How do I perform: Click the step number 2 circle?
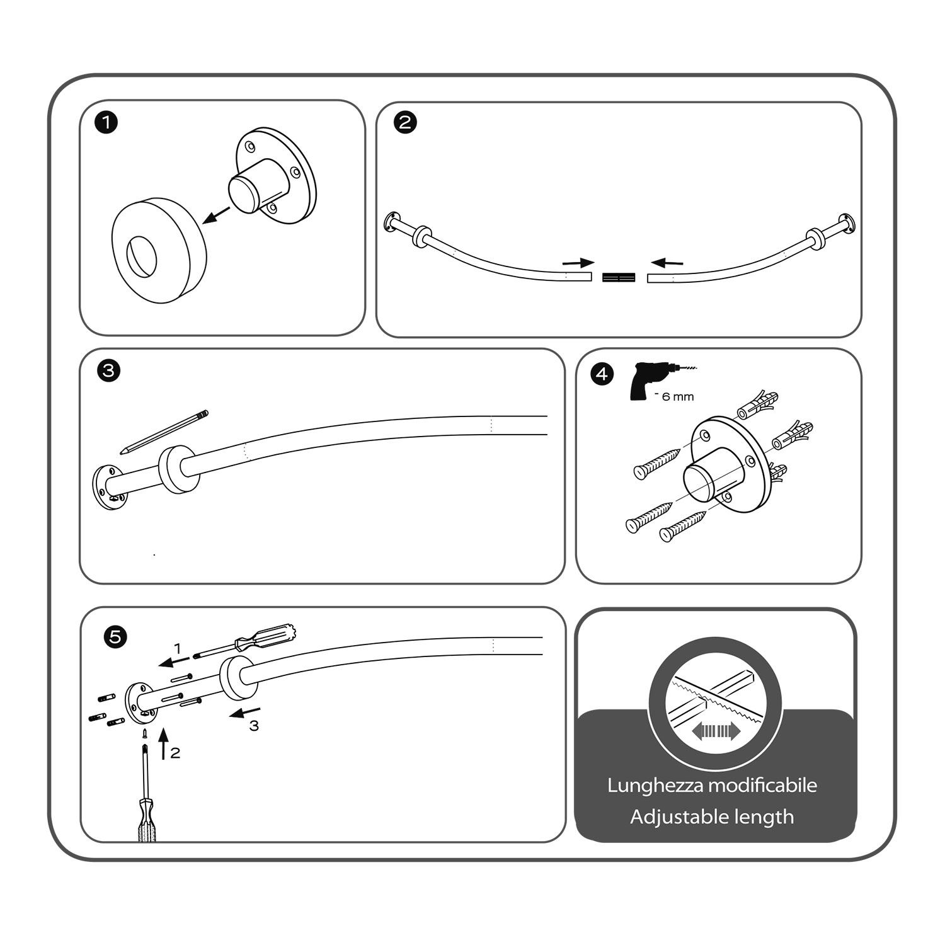(405, 122)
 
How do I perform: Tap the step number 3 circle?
(109, 370)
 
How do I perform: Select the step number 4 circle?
(602, 374)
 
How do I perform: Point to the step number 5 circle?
(115, 637)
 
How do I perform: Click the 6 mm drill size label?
(678, 397)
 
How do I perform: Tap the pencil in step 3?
(164, 432)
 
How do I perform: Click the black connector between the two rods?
(619, 277)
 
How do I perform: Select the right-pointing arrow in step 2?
(578, 262)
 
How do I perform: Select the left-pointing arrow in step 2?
(667, 261)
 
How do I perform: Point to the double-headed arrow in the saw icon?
(715, 731)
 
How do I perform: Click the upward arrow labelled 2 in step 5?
(163, 744)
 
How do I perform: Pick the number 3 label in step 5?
(253, 726)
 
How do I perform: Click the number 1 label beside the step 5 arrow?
(178, 648)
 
